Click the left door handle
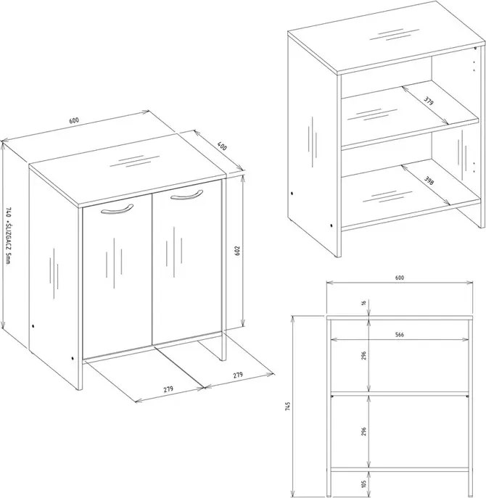pyautogui.click(x=117, y=209)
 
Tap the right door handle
pyautogui.click(x=186, y=196)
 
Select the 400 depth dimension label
pyautogui.click(x=222, y=146)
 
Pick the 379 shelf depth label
pyautogui.click(x=429, y=101)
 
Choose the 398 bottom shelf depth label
pyautogui.click(x=429, y=180)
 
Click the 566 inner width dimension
pyautogui.click(x=399, y=334)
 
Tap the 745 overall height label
pyautogui.click(x=287, y=407)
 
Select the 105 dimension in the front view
pyautogui.click(x=363, y=484)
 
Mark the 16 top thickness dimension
pyautogui.click(x=363, y=302)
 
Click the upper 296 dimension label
pyautogui.click(x=363, y=355)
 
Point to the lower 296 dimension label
pyautogui.click(x=363, y=431)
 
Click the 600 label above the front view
pyautogui.click(x=400, y=278)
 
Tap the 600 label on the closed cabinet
pyautogui.click(x=74, y=120)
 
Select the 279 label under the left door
pyautogui.click(x=168, y=389)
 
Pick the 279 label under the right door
pyautogui.click(x=238, y=375)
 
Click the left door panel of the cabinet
pyautogui.click(x=117, y=277)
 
